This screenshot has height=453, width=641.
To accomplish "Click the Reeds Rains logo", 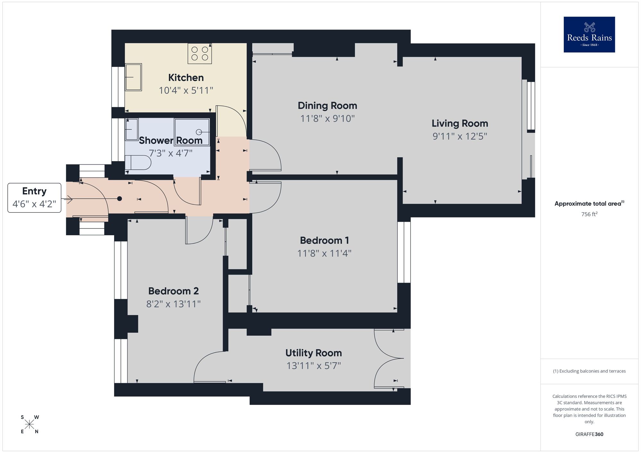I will tap(589, 35).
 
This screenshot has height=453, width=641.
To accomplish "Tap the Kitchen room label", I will tap(186, 78).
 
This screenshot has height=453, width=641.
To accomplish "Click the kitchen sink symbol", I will tap(133, 77).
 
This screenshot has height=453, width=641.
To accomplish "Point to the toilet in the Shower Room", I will tap(138, 163).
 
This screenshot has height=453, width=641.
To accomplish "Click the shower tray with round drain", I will tap(192, 132).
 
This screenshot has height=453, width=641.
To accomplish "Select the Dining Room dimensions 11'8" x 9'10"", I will tap(327, 119).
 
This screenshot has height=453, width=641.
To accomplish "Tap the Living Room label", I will tap(460, 123).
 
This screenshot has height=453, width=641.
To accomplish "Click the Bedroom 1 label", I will tap(324, 240).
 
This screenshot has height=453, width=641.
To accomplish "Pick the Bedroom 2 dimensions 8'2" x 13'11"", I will tap(173, 304).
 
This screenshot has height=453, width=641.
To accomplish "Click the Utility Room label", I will tap(313, 353).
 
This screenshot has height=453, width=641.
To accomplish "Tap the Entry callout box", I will tap(34, 198).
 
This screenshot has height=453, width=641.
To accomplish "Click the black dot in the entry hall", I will tap(120, 199).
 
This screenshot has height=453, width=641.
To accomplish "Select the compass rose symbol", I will tap(29, 424).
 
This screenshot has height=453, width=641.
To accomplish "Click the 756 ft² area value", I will tap(589, 214).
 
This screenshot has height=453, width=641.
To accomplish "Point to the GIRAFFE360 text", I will tap(589, 434).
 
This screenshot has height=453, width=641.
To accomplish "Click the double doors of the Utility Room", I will tap(388, 358).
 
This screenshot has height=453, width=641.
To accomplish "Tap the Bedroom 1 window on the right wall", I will tap(404, 252).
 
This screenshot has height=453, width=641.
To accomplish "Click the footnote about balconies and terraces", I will tap(589, 371).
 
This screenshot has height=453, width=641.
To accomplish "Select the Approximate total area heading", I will tap(589, 203).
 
